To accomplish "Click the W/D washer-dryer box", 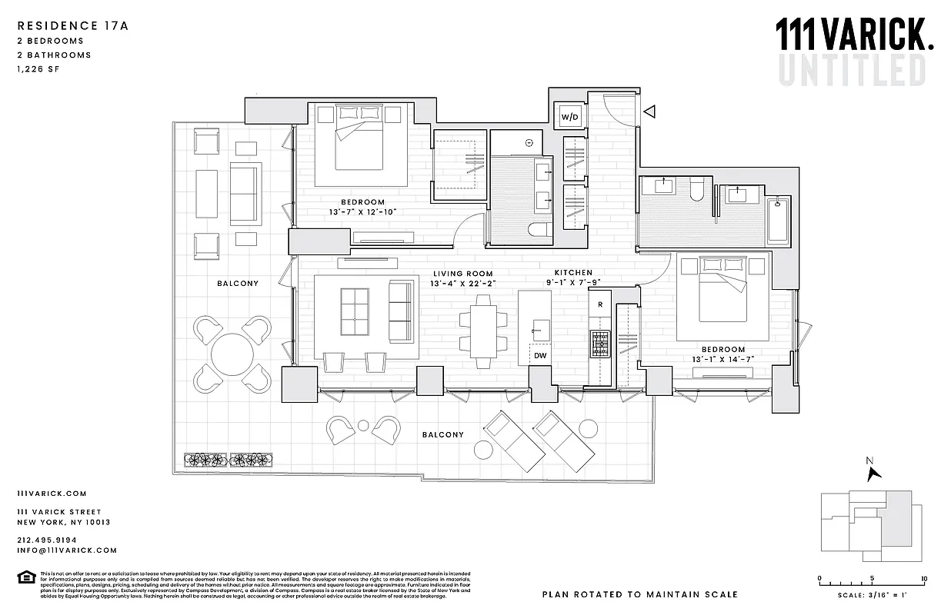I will tap(569, 117).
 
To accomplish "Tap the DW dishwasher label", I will tap(540, 356).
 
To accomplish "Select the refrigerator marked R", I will tap(599, 305).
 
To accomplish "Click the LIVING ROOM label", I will tap(462, 274).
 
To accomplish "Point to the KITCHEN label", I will tap(573, 273).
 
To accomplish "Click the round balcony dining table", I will tap(232, 354).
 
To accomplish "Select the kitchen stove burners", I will tap(599, 343).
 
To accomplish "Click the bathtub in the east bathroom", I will tap(779, 220).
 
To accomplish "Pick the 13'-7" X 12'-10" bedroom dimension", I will tap(356, 212).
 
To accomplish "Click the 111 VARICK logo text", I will tap(853, 35).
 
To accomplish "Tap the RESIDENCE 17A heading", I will tap(72, 25).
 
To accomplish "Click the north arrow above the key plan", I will tap(873, 470).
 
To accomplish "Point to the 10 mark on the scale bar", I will tap(923, 579).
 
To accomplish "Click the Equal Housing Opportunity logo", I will tap(25, 577).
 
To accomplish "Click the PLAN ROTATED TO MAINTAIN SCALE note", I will tap(639, 594).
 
